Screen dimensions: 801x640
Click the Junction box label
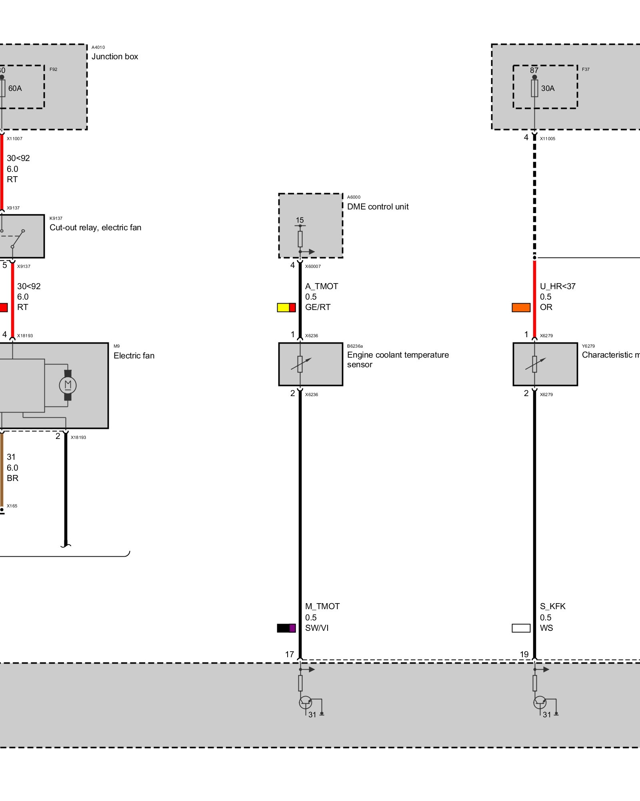(x=115, y=56)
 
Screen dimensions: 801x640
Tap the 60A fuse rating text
(x=15, y=88)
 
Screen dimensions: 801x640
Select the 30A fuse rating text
(x=548, y=88)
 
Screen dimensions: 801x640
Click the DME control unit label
(x=378, y=207)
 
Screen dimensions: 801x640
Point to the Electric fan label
(x=134, y=356)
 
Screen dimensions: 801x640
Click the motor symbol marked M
(x=68, y=385)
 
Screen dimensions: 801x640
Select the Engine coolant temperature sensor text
(x=398, y=360)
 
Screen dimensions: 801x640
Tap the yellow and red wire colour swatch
(x=286, y=308)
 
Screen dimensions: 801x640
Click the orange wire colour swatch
(x=521, y=308)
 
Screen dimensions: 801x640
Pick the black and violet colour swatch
(x=286, y=628)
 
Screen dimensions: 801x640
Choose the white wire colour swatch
(x=521, y=628)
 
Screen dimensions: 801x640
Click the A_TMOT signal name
(x=322, y=286)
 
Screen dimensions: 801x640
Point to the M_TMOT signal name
(x=322, y=606)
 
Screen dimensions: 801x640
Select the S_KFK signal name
(x=553, y=606)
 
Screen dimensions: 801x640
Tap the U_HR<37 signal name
(x=558, y=286)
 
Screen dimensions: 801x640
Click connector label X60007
(x=313, y=266)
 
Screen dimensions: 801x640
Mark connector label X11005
(x=548, y=139)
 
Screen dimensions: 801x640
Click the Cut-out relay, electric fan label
(x=95, y=227)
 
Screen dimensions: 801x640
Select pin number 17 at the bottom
(x=290, y=654)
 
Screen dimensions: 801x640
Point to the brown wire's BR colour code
(x=12, y=478)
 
